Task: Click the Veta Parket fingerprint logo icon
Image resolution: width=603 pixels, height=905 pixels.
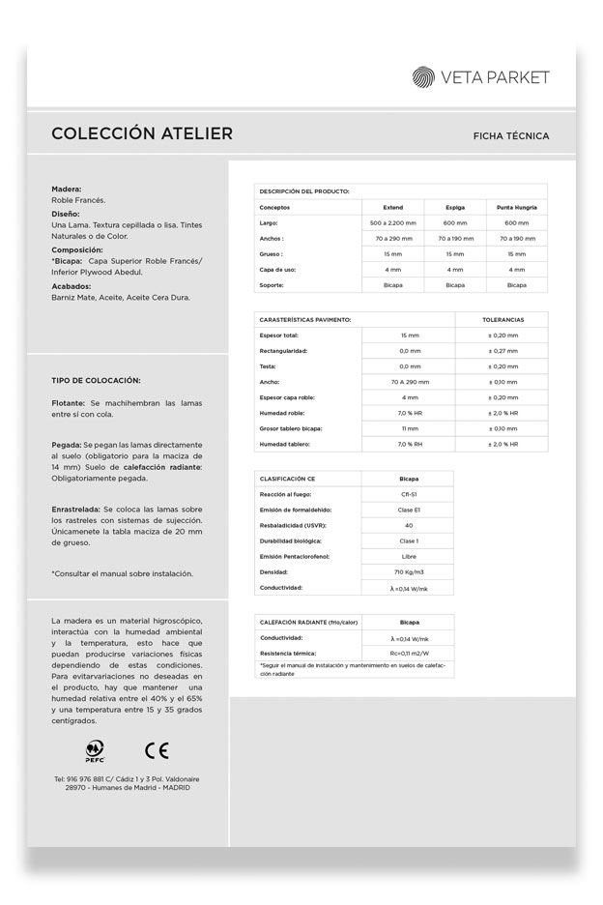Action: [424, 77]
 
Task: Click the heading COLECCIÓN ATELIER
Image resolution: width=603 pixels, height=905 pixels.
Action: [142, 133]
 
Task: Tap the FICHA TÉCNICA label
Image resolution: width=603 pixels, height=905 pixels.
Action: [511, 136]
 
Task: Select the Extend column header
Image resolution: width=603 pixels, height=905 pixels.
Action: [392, 207]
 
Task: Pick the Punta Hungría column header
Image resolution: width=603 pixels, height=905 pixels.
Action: [517, 207]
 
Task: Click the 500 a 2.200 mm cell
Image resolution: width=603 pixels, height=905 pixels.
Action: [392, 222]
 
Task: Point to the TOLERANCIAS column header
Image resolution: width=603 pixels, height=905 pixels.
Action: [502, 319]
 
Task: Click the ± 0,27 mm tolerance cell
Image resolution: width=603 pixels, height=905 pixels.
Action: [502, 350]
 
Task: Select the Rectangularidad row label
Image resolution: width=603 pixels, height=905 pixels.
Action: [284, 350]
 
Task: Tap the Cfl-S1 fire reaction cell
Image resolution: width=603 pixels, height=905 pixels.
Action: [409, 494]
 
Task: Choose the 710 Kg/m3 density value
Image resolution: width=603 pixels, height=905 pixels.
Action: [409, 572]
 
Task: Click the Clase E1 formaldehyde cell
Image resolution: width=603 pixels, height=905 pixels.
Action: [409, 510]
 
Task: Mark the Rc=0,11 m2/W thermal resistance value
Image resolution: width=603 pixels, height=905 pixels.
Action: [409, 655]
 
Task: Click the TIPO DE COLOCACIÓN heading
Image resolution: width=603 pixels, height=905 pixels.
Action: [96, 380]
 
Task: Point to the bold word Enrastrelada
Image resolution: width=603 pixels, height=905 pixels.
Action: [75, 509]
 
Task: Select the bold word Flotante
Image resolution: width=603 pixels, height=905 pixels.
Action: [69, 401]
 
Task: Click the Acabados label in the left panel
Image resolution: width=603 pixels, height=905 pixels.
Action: [72, 286]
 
